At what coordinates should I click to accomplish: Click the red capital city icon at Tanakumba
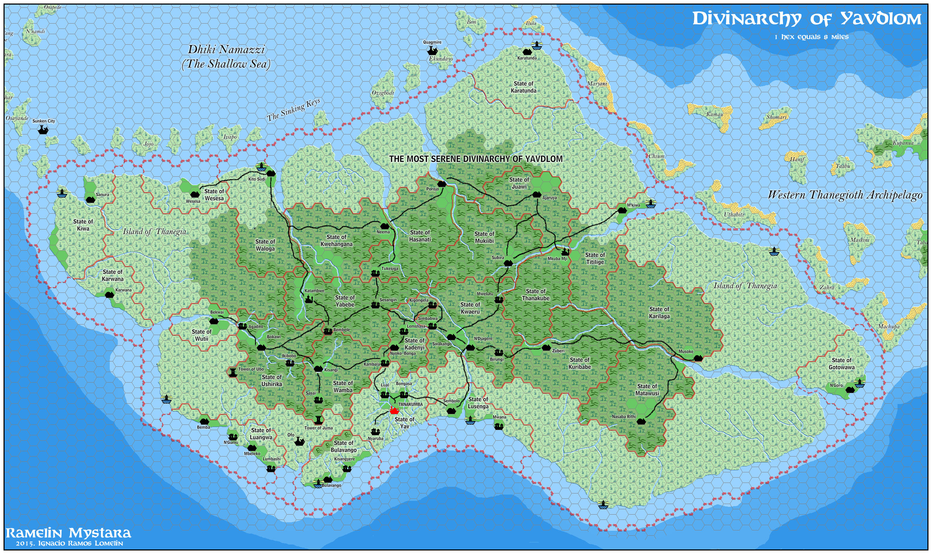[x=394, y=411]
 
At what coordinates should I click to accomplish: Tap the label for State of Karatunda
[x=523, y=87]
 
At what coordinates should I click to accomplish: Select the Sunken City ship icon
[x=43, y=130]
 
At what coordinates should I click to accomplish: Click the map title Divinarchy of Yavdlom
[x=807, y=18]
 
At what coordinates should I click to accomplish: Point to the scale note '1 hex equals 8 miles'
[x=811, y=37]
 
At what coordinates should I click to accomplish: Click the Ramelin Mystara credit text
[x=68, y=533]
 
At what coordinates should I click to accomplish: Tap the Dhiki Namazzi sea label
[x=226, y=56]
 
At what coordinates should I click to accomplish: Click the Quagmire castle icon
[x=432, y=50]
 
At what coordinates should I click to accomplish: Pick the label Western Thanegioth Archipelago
[x=845, y=195]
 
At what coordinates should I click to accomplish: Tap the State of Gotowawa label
[x=841, y=364]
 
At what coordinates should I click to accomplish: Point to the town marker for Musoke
[x=698, y=358]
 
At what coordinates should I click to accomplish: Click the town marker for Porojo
[x=442, y=184]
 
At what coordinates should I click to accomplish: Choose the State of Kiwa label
[x=83, y=225]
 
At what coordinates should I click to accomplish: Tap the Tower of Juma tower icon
[x=318, y=420]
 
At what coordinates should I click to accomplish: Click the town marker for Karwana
[x=109, y=295]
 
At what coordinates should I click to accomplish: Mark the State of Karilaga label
[x=659, y=313]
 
